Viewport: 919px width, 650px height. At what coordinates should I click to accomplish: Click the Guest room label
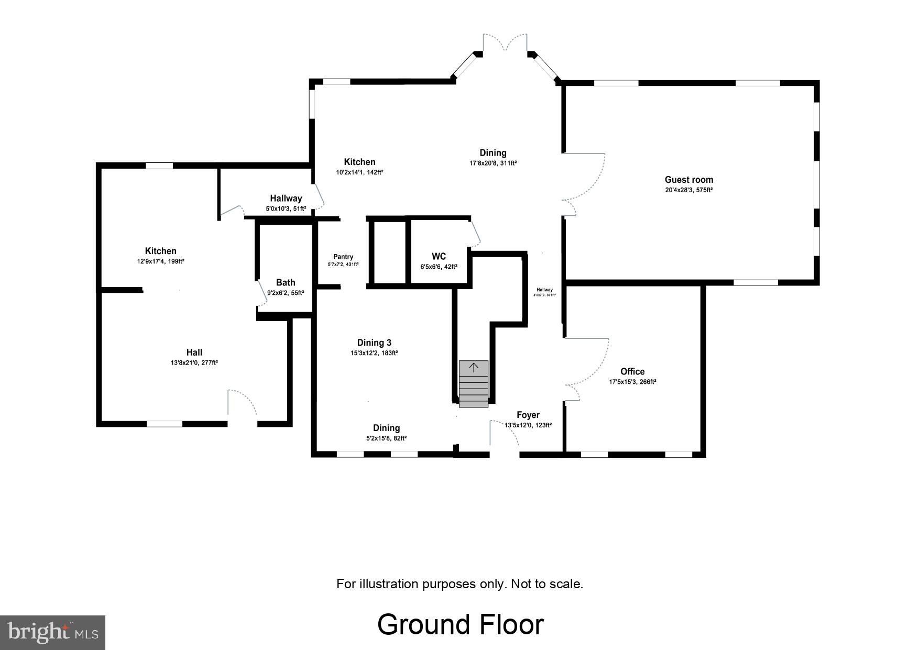(688, 180)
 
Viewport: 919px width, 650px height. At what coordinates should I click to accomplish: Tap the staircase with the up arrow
(474, 383)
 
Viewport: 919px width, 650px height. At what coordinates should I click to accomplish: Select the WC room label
(439, 256)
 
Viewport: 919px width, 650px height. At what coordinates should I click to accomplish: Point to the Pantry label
(343, 257)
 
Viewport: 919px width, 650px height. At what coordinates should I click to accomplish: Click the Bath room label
(286, 282)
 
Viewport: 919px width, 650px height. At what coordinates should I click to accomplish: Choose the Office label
(632, 371)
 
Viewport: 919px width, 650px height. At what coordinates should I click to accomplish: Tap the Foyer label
(528, 415)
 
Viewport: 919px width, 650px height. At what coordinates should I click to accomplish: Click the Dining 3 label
(374, 343)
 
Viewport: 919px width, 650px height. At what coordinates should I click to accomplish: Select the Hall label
(194, 352)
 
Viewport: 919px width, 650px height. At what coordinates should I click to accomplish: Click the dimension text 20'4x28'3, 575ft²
(688, 190)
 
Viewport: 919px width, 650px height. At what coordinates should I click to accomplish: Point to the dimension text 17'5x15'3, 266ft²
(632, 382)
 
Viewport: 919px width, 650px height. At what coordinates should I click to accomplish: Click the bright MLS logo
(53, 632)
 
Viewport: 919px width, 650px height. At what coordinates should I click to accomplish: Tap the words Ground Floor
(460, 624)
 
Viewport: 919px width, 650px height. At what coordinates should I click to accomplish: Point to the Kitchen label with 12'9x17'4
(160, 251)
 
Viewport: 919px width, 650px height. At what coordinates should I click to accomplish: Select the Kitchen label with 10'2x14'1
(359, 162)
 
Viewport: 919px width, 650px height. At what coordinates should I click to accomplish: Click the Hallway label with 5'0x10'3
(286, 198)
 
